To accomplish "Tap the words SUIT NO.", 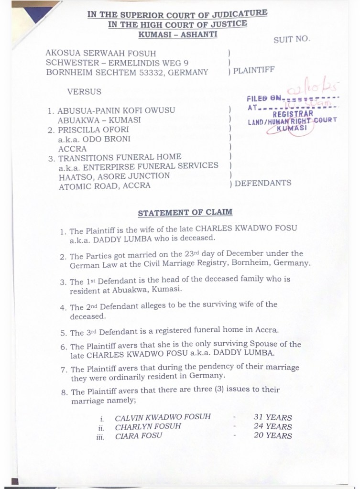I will click(x=291, y=40).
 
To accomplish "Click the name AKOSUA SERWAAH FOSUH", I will click(x=101, y=53).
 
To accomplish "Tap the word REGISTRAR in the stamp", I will click(x=293, y=114).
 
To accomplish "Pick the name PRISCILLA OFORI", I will click(x=91, y=129).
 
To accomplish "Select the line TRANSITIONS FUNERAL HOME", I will click(x=120, y=157).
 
